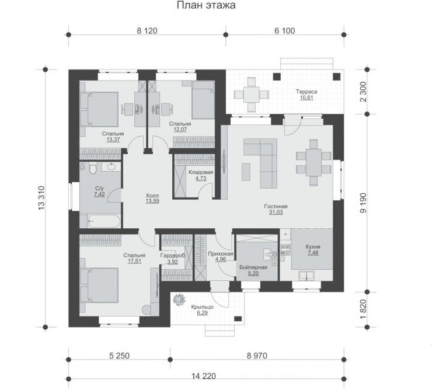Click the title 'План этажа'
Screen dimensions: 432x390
coord(206,5)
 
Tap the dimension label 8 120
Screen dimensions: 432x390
coord(147,30)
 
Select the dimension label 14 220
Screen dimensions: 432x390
coord(204,375)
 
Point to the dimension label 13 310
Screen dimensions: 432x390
coord(41,198)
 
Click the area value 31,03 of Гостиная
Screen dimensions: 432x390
coord(276,212)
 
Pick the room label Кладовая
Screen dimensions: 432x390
coord(201,172)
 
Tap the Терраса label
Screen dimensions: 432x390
coord(306,92)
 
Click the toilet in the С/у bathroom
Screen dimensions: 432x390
coord(93,168)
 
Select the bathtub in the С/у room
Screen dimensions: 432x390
coord(104,221)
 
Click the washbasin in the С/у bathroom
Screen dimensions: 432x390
coord(112,166)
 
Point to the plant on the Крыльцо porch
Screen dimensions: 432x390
coord(179,300)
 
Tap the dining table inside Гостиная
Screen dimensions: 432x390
coord(313,162)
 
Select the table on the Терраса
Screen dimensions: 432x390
coord(251,95)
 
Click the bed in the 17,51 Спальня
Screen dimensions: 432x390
coord(99,286)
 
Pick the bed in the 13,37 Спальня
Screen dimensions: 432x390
coord(99,109)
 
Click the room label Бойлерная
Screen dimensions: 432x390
coord(253,267)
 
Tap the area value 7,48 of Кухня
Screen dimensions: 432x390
coord(313,253)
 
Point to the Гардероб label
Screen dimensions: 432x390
coord(172,256)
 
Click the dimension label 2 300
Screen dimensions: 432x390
coord(363,92)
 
